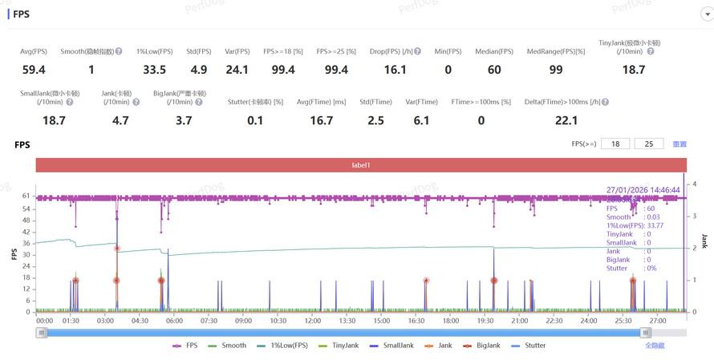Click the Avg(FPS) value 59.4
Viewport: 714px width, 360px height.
tap(34, 70)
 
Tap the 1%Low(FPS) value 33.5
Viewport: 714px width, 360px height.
tap(154, 70)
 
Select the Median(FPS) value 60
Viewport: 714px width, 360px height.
tap(494, 70)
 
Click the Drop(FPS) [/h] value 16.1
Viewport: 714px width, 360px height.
tap(396, 70)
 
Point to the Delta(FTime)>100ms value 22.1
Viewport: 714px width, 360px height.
tap(566, 120)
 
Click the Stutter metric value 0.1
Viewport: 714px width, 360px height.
tap(255, 120)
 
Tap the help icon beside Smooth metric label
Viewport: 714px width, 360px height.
tap(119, 51)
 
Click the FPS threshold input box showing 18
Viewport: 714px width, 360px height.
tap(615, 144)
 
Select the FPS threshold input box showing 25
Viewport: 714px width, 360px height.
tap(648, 144)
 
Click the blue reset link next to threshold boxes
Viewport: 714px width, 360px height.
tap(680, 144)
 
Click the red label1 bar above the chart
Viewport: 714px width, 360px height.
tap(359, 164)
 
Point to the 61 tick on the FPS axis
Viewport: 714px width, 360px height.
tap(26, 196)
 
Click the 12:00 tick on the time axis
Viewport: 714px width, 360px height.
tap(313, 321)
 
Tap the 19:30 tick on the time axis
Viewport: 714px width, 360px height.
tap(485, 321)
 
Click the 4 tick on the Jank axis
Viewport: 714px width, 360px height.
tap(695, 184)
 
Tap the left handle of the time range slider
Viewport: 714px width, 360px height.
tap(41, 332)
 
